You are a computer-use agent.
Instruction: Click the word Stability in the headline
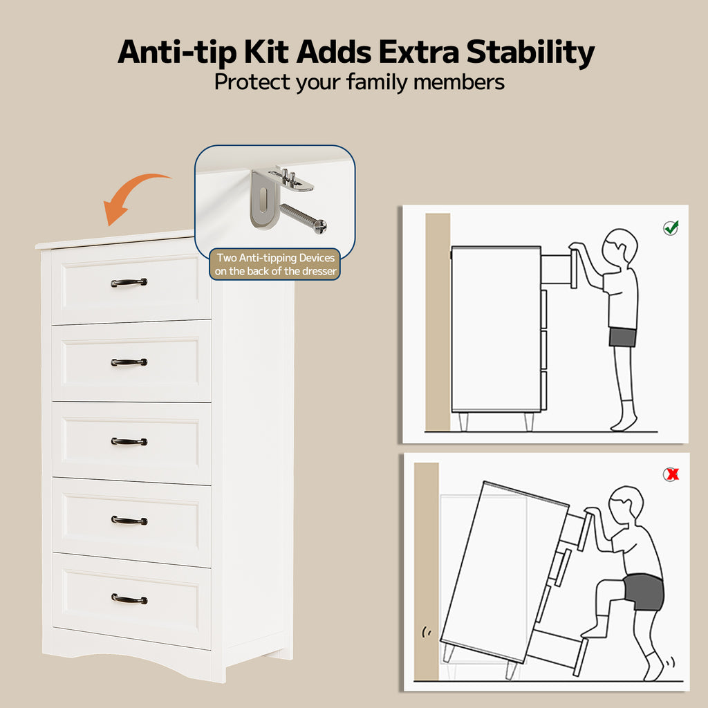coord(530,53)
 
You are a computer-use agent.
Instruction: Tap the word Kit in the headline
coord(266,52)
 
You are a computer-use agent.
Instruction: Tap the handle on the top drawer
coord(129,282)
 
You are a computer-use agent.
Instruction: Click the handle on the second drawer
coord(129,362)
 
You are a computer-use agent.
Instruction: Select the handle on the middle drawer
coord(129,441)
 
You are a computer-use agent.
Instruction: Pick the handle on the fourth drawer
coord(129,521)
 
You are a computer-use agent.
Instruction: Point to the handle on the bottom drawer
coord(129,599)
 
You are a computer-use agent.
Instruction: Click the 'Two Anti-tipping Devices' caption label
coord(275,264)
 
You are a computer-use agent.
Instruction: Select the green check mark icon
coord(671,227)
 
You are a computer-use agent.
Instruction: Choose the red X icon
coord(671,474)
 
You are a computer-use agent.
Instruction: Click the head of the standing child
coord(620,249)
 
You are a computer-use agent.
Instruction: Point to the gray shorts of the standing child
coord(623,337)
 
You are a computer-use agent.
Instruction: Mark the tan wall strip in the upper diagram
coord(438,322)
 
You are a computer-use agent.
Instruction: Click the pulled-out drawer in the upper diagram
coord(559,270)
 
